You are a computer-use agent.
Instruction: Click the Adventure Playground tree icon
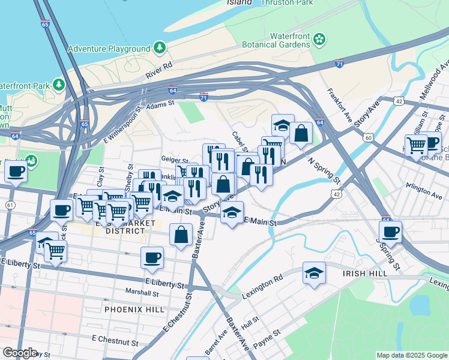point(160,47)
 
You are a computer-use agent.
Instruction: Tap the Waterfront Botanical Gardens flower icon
point(319,40)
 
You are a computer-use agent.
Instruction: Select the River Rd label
point(163,65)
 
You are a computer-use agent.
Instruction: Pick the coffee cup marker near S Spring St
point(391,232)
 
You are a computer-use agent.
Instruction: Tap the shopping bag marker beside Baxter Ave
point(181,235)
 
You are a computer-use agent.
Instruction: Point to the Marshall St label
point(142,293)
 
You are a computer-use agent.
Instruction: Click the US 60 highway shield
point(368,137)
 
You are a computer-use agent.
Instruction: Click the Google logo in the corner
point(19,352)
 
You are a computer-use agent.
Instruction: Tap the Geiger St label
point(173,159)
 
